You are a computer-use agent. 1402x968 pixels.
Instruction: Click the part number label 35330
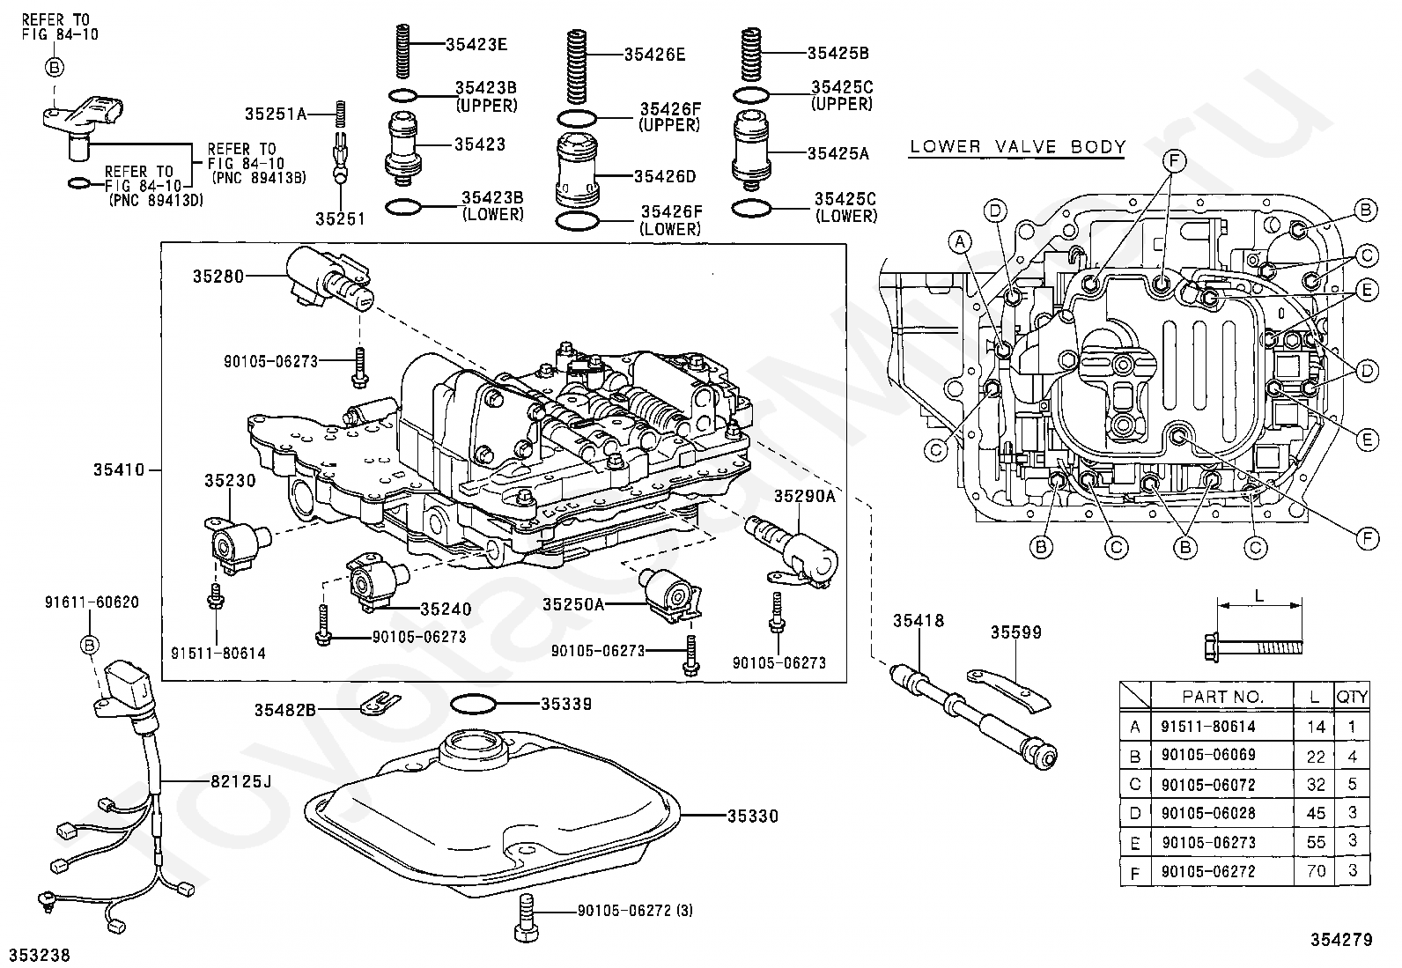[x=753, y=817]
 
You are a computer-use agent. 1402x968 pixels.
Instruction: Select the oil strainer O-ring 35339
[x=473, y=705]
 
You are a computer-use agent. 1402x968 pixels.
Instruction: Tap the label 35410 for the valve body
[x=119, y=470]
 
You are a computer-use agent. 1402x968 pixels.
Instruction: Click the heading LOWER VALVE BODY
[x=1017, y=147]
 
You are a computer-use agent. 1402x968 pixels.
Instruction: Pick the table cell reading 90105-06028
[x=1208, y=813]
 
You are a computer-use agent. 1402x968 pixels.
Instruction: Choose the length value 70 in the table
[x=1316, y=871]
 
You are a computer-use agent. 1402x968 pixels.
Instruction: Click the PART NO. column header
[x=1222, y=697]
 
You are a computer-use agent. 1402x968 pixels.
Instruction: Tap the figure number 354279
[x=1342, y=940]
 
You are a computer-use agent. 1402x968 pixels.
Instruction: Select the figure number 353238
[x=40, y=955]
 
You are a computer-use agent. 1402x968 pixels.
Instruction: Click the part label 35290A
[x=804, y=496]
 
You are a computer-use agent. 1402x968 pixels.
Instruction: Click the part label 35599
[x=1015, y=632]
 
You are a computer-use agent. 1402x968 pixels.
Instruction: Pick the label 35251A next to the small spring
[x=275, y=114]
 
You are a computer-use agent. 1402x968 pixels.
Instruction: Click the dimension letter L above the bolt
[x=1258, y=595]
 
